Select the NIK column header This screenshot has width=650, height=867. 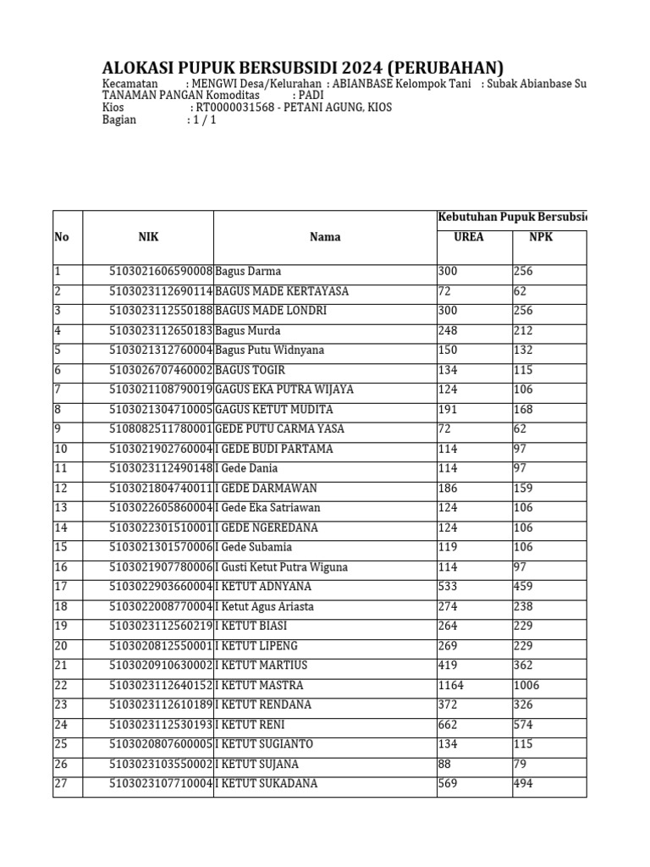(148, 237)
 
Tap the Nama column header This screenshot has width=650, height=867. (325, 237)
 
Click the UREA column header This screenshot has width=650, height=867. (469, 237)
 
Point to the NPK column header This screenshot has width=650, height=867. (541, 237)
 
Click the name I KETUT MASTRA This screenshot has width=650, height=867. (259, 685)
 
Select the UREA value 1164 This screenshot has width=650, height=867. (451, 685)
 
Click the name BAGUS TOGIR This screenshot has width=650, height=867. (251, 370)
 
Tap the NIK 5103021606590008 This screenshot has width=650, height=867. (161, 272)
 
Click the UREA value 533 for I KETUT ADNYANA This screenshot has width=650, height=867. (448, 587)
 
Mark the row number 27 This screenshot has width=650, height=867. (60, 784)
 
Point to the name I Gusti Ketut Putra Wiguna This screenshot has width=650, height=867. (282, 567)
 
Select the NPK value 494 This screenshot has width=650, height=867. (525, 784)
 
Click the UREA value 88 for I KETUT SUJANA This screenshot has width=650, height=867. (444, 764)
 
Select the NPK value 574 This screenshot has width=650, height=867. (525, 725)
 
